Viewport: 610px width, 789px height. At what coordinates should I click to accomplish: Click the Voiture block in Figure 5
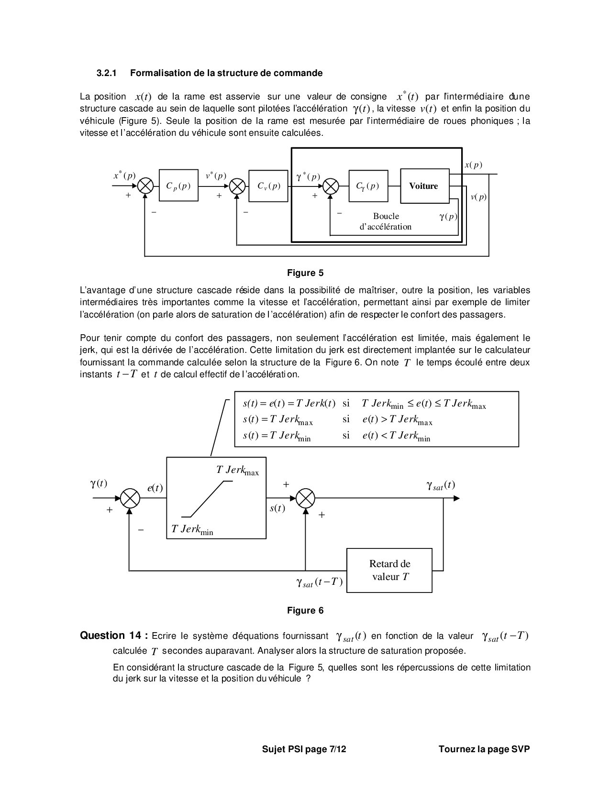tap(424, 186)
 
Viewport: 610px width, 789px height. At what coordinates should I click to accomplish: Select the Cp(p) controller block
tap(178, 186)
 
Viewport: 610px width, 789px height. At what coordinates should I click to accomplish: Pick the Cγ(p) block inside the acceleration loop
tap(368, 186)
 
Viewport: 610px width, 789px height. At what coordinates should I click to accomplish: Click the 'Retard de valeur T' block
tap(389, 570)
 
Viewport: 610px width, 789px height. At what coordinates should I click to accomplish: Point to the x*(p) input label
tap(124, 176)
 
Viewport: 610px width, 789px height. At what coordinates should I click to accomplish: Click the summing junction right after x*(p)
tap(145, 186)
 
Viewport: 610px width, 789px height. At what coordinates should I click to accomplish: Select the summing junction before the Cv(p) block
tap(237, 186)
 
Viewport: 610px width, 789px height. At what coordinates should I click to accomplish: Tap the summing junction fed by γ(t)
tap(130, 498)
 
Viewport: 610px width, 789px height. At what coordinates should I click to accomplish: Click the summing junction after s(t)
tap(305, 498)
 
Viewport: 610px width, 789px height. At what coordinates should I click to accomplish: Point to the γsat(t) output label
tap(441, 485)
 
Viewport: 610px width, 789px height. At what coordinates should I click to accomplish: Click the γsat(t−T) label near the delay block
tap(320, 582)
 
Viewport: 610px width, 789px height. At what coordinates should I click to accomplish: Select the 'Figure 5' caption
tap(305, 273)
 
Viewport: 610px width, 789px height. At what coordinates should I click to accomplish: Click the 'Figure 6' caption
tap(305, 611)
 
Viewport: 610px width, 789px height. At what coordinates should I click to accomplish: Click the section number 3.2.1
tap(107, 73)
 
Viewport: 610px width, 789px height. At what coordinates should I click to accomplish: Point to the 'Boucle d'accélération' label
tap(386, 221)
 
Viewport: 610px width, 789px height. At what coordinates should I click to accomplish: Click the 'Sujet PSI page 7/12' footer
tap(304, 749)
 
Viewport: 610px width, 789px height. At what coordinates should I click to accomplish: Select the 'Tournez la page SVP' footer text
tap(484, 749)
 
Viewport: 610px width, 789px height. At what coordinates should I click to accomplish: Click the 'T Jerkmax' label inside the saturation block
tap(237, 471)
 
